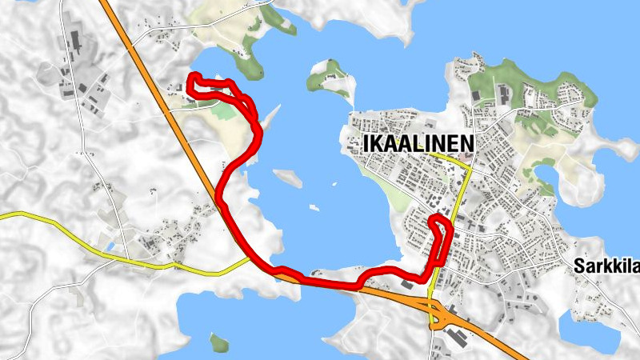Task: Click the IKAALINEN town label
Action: coord(418,143)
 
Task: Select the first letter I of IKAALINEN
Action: coord(366,143)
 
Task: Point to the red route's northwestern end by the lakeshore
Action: coord(193,77)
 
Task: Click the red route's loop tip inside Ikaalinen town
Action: coord(436,219)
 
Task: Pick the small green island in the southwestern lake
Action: coord(218,342)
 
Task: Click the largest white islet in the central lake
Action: coord(288,178)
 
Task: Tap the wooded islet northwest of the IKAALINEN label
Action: coord(330,77)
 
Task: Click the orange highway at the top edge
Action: coord(105,3)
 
